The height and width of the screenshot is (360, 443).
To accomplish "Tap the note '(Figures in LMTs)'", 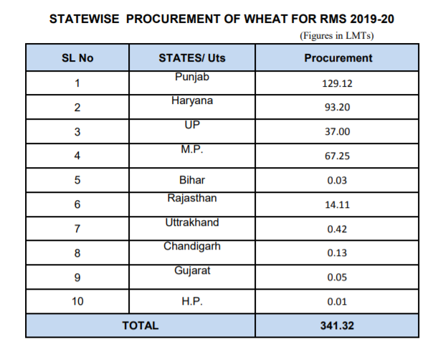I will tap(336, 35).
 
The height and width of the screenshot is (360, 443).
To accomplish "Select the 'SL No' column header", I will tap(77, 58).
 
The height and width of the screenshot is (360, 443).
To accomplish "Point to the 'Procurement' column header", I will tap(338, 58).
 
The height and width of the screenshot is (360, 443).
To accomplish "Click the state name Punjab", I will tap(191, 76).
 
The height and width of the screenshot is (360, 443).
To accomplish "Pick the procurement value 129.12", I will tap(338, 83).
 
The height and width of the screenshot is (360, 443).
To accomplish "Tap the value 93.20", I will tap(338, 108).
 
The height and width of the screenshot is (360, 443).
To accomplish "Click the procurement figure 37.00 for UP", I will tap(338, 132).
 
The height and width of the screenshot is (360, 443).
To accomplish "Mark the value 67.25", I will tap(338, 156).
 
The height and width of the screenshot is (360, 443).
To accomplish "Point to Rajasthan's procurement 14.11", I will tap(338, 204).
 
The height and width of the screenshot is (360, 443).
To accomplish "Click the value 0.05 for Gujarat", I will tap(338, 278).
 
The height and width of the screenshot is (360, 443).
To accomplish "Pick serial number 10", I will tap(77, 302).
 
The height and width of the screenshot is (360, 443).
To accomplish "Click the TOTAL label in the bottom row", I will tap(140, 326).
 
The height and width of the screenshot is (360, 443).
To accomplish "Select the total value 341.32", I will tap(338, 326).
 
